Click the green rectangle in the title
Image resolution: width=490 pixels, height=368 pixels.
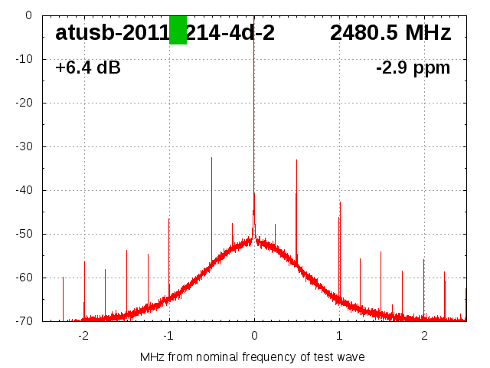point(178,30)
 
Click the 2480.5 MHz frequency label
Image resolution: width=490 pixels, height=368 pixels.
point(390,33)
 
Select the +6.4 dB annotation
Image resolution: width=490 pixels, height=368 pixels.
point(87,68)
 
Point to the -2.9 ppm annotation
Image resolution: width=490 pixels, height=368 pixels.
point(413,68)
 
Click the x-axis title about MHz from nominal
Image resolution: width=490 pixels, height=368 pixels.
point(253,357)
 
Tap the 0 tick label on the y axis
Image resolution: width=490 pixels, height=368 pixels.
point(28,15)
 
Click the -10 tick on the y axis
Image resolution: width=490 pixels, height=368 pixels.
point(24,59)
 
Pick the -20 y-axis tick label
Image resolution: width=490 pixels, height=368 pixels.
point(24,103)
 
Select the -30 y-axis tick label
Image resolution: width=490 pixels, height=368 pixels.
point(24,146)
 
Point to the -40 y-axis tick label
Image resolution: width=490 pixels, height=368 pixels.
point(24,190)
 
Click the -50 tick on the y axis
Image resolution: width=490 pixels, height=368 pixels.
point(24,234)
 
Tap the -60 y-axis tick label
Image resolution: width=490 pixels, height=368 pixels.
point(24,278)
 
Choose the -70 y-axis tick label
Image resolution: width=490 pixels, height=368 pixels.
point(24,321)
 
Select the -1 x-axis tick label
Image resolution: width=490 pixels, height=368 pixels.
point(168,336)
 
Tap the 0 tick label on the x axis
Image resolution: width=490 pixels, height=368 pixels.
point(254,336)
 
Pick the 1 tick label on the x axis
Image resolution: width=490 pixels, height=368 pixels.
point(339,336)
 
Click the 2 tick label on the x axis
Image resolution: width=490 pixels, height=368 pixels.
point(424,336)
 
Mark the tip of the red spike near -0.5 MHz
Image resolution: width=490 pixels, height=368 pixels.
point(211,157)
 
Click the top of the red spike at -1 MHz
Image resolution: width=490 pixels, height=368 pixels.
point(169,219)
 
